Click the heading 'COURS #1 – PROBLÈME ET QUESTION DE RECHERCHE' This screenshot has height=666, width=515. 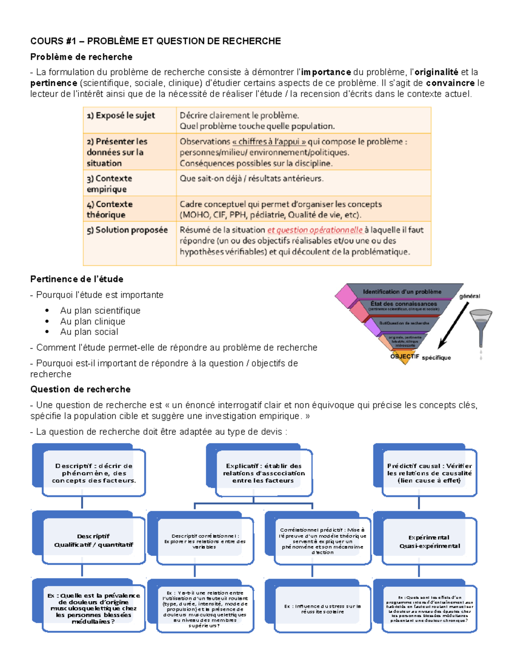155,41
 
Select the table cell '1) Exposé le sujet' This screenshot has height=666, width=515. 121,116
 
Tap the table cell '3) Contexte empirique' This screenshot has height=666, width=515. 109,184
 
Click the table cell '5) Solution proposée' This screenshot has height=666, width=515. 127,230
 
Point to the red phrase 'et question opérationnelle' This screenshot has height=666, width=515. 315,230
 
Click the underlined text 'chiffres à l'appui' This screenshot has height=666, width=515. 269,142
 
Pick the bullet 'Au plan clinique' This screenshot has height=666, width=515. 93,322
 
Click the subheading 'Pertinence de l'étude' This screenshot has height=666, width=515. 77,279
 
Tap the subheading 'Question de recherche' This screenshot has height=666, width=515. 80,389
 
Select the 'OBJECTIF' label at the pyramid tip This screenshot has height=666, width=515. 404,356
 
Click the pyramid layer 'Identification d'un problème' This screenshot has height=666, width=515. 402,292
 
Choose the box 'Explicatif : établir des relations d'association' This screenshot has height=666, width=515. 264,473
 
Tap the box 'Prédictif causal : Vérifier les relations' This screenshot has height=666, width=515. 429,473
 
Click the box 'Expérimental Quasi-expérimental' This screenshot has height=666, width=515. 429,542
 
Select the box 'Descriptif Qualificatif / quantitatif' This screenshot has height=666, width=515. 93,541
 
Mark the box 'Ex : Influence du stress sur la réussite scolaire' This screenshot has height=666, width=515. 322,609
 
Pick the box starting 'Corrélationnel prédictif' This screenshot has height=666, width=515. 322,541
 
